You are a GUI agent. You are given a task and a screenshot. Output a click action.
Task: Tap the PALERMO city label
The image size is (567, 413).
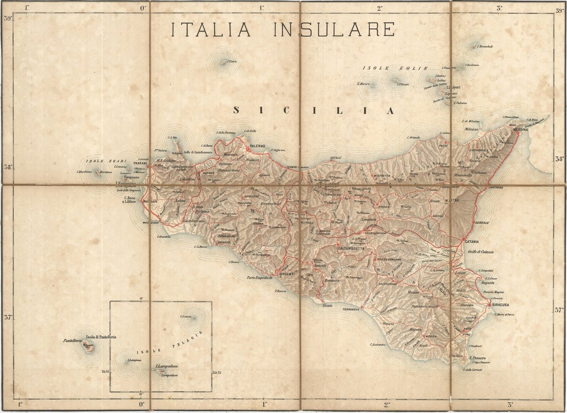[x=257, y=146]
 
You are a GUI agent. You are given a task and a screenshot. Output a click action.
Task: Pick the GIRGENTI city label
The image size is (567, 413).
[x=288, y=274]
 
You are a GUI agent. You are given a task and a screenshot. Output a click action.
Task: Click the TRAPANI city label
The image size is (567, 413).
[x=140, y=163]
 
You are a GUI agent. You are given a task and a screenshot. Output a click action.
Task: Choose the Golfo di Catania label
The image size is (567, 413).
[x=481, y=252]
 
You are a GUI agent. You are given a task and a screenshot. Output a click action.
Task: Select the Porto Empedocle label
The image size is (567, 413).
[x=263, y=278]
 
